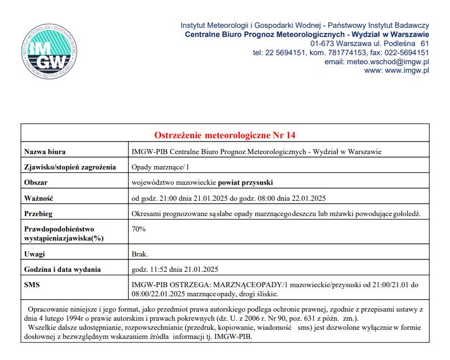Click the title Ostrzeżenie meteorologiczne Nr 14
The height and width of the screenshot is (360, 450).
(225, 135)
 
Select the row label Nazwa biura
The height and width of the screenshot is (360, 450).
(45, 152)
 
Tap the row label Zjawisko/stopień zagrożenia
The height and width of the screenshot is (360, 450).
(70, 167)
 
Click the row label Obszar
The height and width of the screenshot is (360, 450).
(36, 183)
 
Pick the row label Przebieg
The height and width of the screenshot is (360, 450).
(39, 213)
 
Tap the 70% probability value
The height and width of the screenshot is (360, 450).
(139, 229)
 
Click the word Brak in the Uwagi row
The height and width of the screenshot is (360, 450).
(140, 254)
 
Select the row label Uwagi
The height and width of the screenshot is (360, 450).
(35, 254)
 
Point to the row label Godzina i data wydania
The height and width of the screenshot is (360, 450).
(62, 269)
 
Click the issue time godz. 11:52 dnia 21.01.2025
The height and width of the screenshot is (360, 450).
(175, 269)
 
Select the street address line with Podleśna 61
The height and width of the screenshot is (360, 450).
(369, 43)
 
